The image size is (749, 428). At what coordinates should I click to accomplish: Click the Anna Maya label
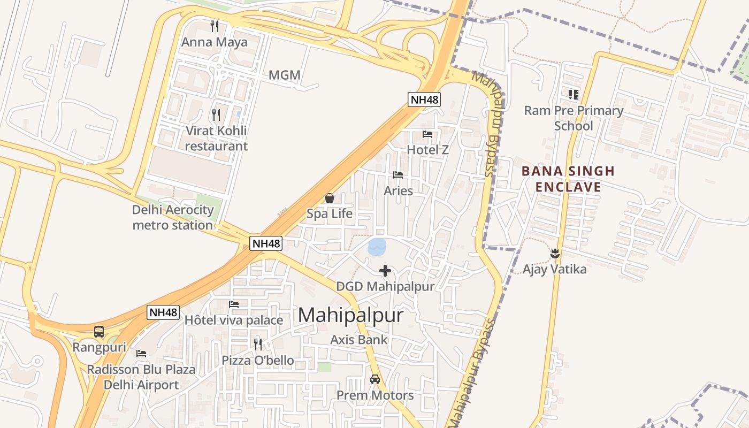215,42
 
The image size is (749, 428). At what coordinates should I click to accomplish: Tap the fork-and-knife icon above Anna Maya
215,26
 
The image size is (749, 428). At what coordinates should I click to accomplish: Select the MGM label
284,75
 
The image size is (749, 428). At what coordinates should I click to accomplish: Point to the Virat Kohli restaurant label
216,139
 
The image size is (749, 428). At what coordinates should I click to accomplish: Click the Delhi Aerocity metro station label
173,217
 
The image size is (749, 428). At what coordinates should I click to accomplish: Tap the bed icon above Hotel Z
427,134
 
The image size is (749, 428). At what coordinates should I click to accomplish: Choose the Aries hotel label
399,191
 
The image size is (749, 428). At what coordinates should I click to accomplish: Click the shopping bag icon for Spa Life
330,198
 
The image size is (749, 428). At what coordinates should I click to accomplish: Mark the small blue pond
377,247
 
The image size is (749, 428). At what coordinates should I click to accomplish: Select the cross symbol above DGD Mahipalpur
385,271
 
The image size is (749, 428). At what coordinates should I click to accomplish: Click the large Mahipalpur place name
350,315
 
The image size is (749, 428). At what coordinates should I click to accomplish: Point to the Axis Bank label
359,340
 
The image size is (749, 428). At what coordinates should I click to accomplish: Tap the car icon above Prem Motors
375,379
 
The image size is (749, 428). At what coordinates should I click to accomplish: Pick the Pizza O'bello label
258,361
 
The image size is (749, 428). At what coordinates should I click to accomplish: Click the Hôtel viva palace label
234,320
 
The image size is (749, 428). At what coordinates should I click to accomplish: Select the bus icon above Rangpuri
99,332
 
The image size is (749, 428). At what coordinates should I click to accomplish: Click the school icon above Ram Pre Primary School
574,95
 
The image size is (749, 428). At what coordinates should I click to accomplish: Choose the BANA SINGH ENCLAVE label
568,179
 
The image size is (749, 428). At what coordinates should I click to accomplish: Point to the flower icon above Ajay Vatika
554,254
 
